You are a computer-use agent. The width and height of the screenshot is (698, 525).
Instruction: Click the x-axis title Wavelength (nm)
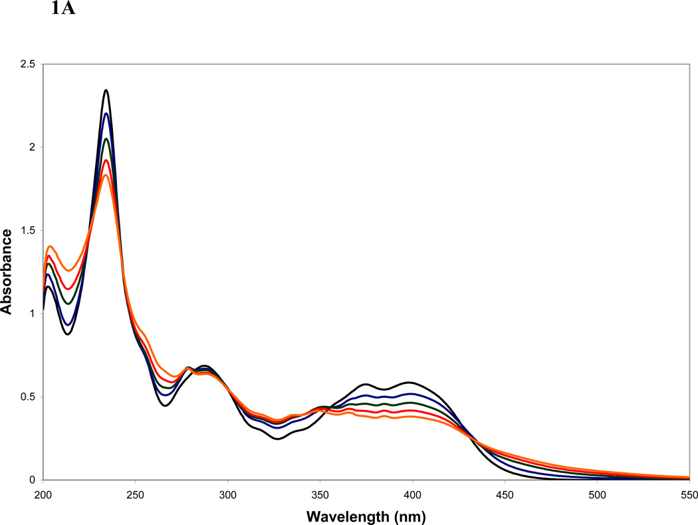pyautogui.click(x=366, y=515)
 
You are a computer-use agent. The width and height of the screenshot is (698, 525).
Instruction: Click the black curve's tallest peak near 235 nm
pyautogui.click(x=106, y=90)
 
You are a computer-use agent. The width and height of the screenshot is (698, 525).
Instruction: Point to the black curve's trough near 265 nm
pyautogui.click(x=164, y=405)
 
